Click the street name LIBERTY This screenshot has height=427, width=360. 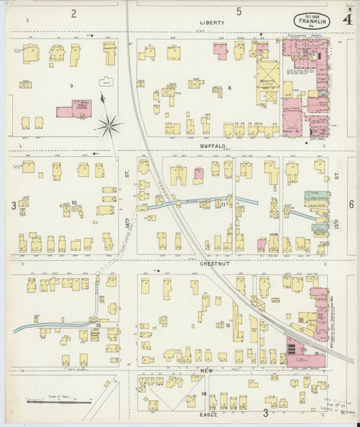pyautogui.click(x=211, y=22)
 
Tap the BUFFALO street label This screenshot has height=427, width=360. pyautogui.click(x=211, y=145)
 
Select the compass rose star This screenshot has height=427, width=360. pyautogui.click(x=108, y=125)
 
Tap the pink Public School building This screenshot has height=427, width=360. pyautogui.click(x=74, y=109)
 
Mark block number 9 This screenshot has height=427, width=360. pyautogui.click(x=70, y=86)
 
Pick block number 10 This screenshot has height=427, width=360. pyautogui.click(x=74, y=202)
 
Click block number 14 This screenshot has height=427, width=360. pyautogui.click(x=203, y=393)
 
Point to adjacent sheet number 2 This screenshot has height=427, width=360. pyautogui.click(x=74, y=12)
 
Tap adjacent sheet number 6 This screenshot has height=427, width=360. pyautogui.click(x=351, y=204)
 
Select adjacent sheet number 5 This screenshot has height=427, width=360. pyautogui.click(x=239, y=11)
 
